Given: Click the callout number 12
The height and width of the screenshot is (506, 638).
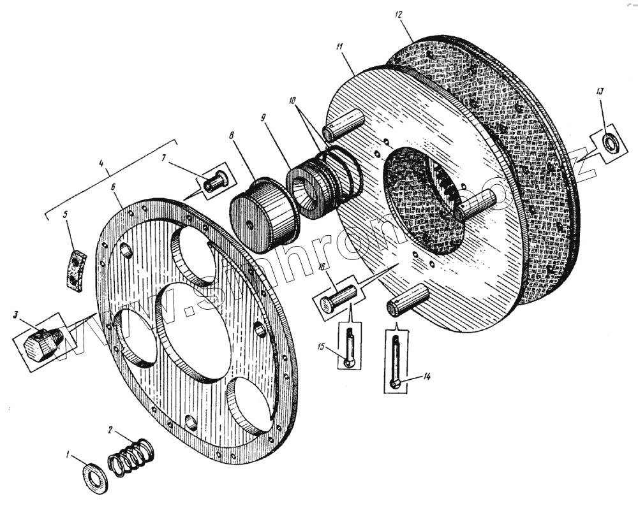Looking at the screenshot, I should pos(398,14).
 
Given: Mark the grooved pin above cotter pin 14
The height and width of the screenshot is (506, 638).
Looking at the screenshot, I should pos(408,301).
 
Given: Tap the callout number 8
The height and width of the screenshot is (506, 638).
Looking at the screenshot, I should pos(232,135).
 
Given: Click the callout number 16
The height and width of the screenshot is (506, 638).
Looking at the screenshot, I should pos(323,266).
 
